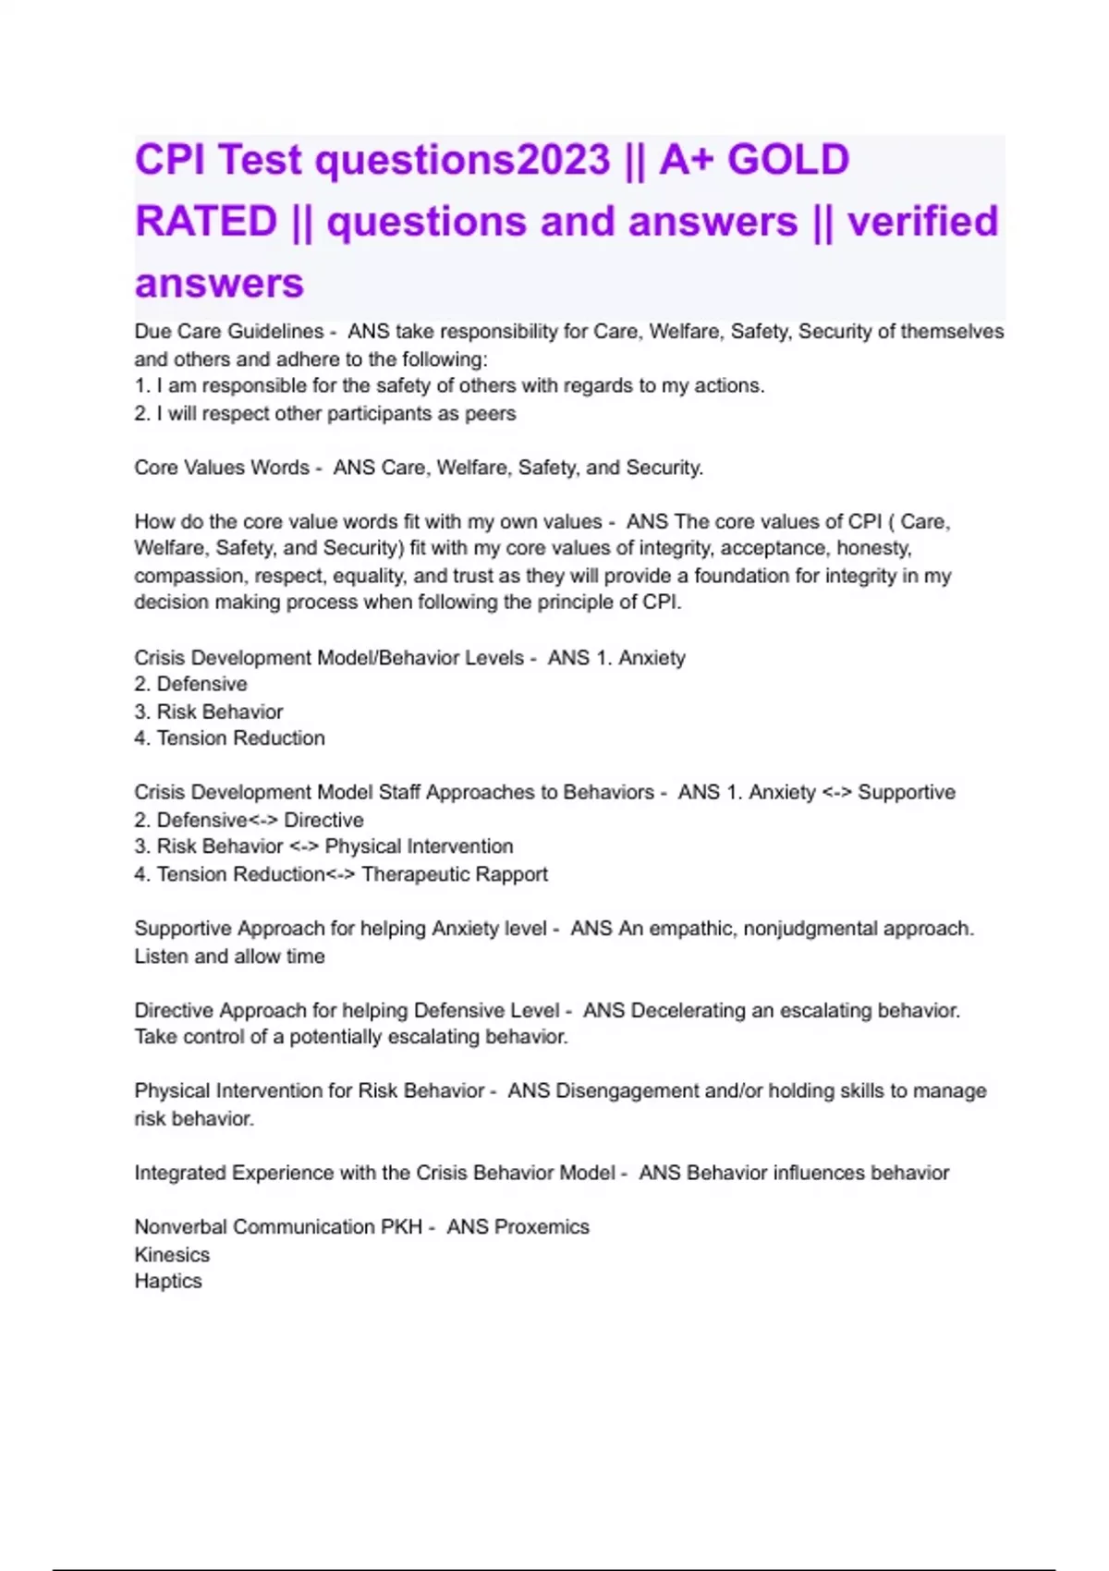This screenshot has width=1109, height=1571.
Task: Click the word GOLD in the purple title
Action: (x=787, y=160)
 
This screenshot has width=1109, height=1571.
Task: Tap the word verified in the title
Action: (x=922, y=222)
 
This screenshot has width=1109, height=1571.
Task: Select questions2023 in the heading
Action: (x=462, y=160)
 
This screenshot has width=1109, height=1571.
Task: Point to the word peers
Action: (x=490, y=413)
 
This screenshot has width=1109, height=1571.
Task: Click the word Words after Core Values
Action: (x=280, y=468)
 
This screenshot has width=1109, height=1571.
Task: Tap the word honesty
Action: (x=873, y=548)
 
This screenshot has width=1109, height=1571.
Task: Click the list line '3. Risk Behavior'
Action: (x=209, y=712)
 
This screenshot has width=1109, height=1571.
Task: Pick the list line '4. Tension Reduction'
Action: (x=229, y=738)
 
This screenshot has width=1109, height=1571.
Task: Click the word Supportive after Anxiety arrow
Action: (x=906, y=792)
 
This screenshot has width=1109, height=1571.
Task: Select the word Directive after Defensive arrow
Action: (x=323, y=820)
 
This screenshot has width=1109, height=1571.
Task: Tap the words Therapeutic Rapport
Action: (x=455, y=874)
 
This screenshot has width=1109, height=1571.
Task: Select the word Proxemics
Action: (x=542, y=1226)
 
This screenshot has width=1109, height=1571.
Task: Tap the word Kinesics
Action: (x=172, y=1254)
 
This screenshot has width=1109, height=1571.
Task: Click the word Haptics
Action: (x=168, y=1281)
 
